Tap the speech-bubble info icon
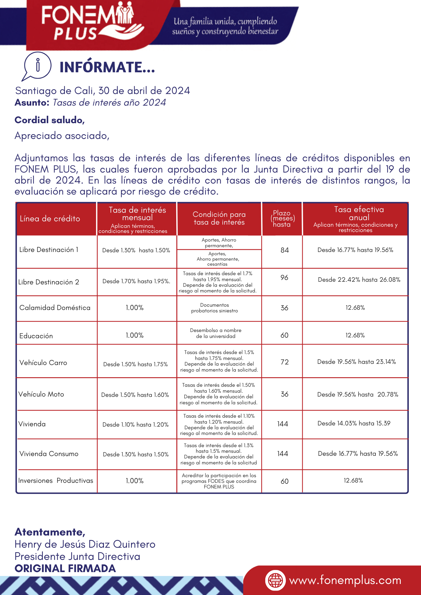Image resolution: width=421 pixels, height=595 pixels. [37, 66]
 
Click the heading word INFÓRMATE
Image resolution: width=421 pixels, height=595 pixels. [107, 67]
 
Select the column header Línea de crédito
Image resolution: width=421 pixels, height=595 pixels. [50, 219]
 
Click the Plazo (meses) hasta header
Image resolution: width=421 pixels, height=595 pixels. [282, 219]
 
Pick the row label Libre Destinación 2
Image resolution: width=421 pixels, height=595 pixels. [49, 282]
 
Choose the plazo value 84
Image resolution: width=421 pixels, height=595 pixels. [285, 250]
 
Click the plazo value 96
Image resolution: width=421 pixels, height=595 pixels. [284, 278]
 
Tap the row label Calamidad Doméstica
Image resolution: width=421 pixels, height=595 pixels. [55, 308]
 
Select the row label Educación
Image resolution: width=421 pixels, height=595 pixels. [36, 336]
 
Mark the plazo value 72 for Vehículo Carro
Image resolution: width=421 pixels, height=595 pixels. [285, 362]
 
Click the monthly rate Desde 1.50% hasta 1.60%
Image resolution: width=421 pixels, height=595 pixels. [135, 395]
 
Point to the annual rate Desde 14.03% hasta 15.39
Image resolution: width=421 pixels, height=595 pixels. [354, 423]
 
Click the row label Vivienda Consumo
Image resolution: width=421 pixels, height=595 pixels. [49, 454]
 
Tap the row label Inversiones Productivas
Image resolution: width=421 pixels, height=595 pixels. [56, 480]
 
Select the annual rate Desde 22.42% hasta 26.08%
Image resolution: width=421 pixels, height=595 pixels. [359, 280]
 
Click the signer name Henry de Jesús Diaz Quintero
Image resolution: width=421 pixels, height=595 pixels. [85, 544]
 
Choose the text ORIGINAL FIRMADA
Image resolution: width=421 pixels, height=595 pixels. [65, 569]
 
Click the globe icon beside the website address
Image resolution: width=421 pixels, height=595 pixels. [275, 580]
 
